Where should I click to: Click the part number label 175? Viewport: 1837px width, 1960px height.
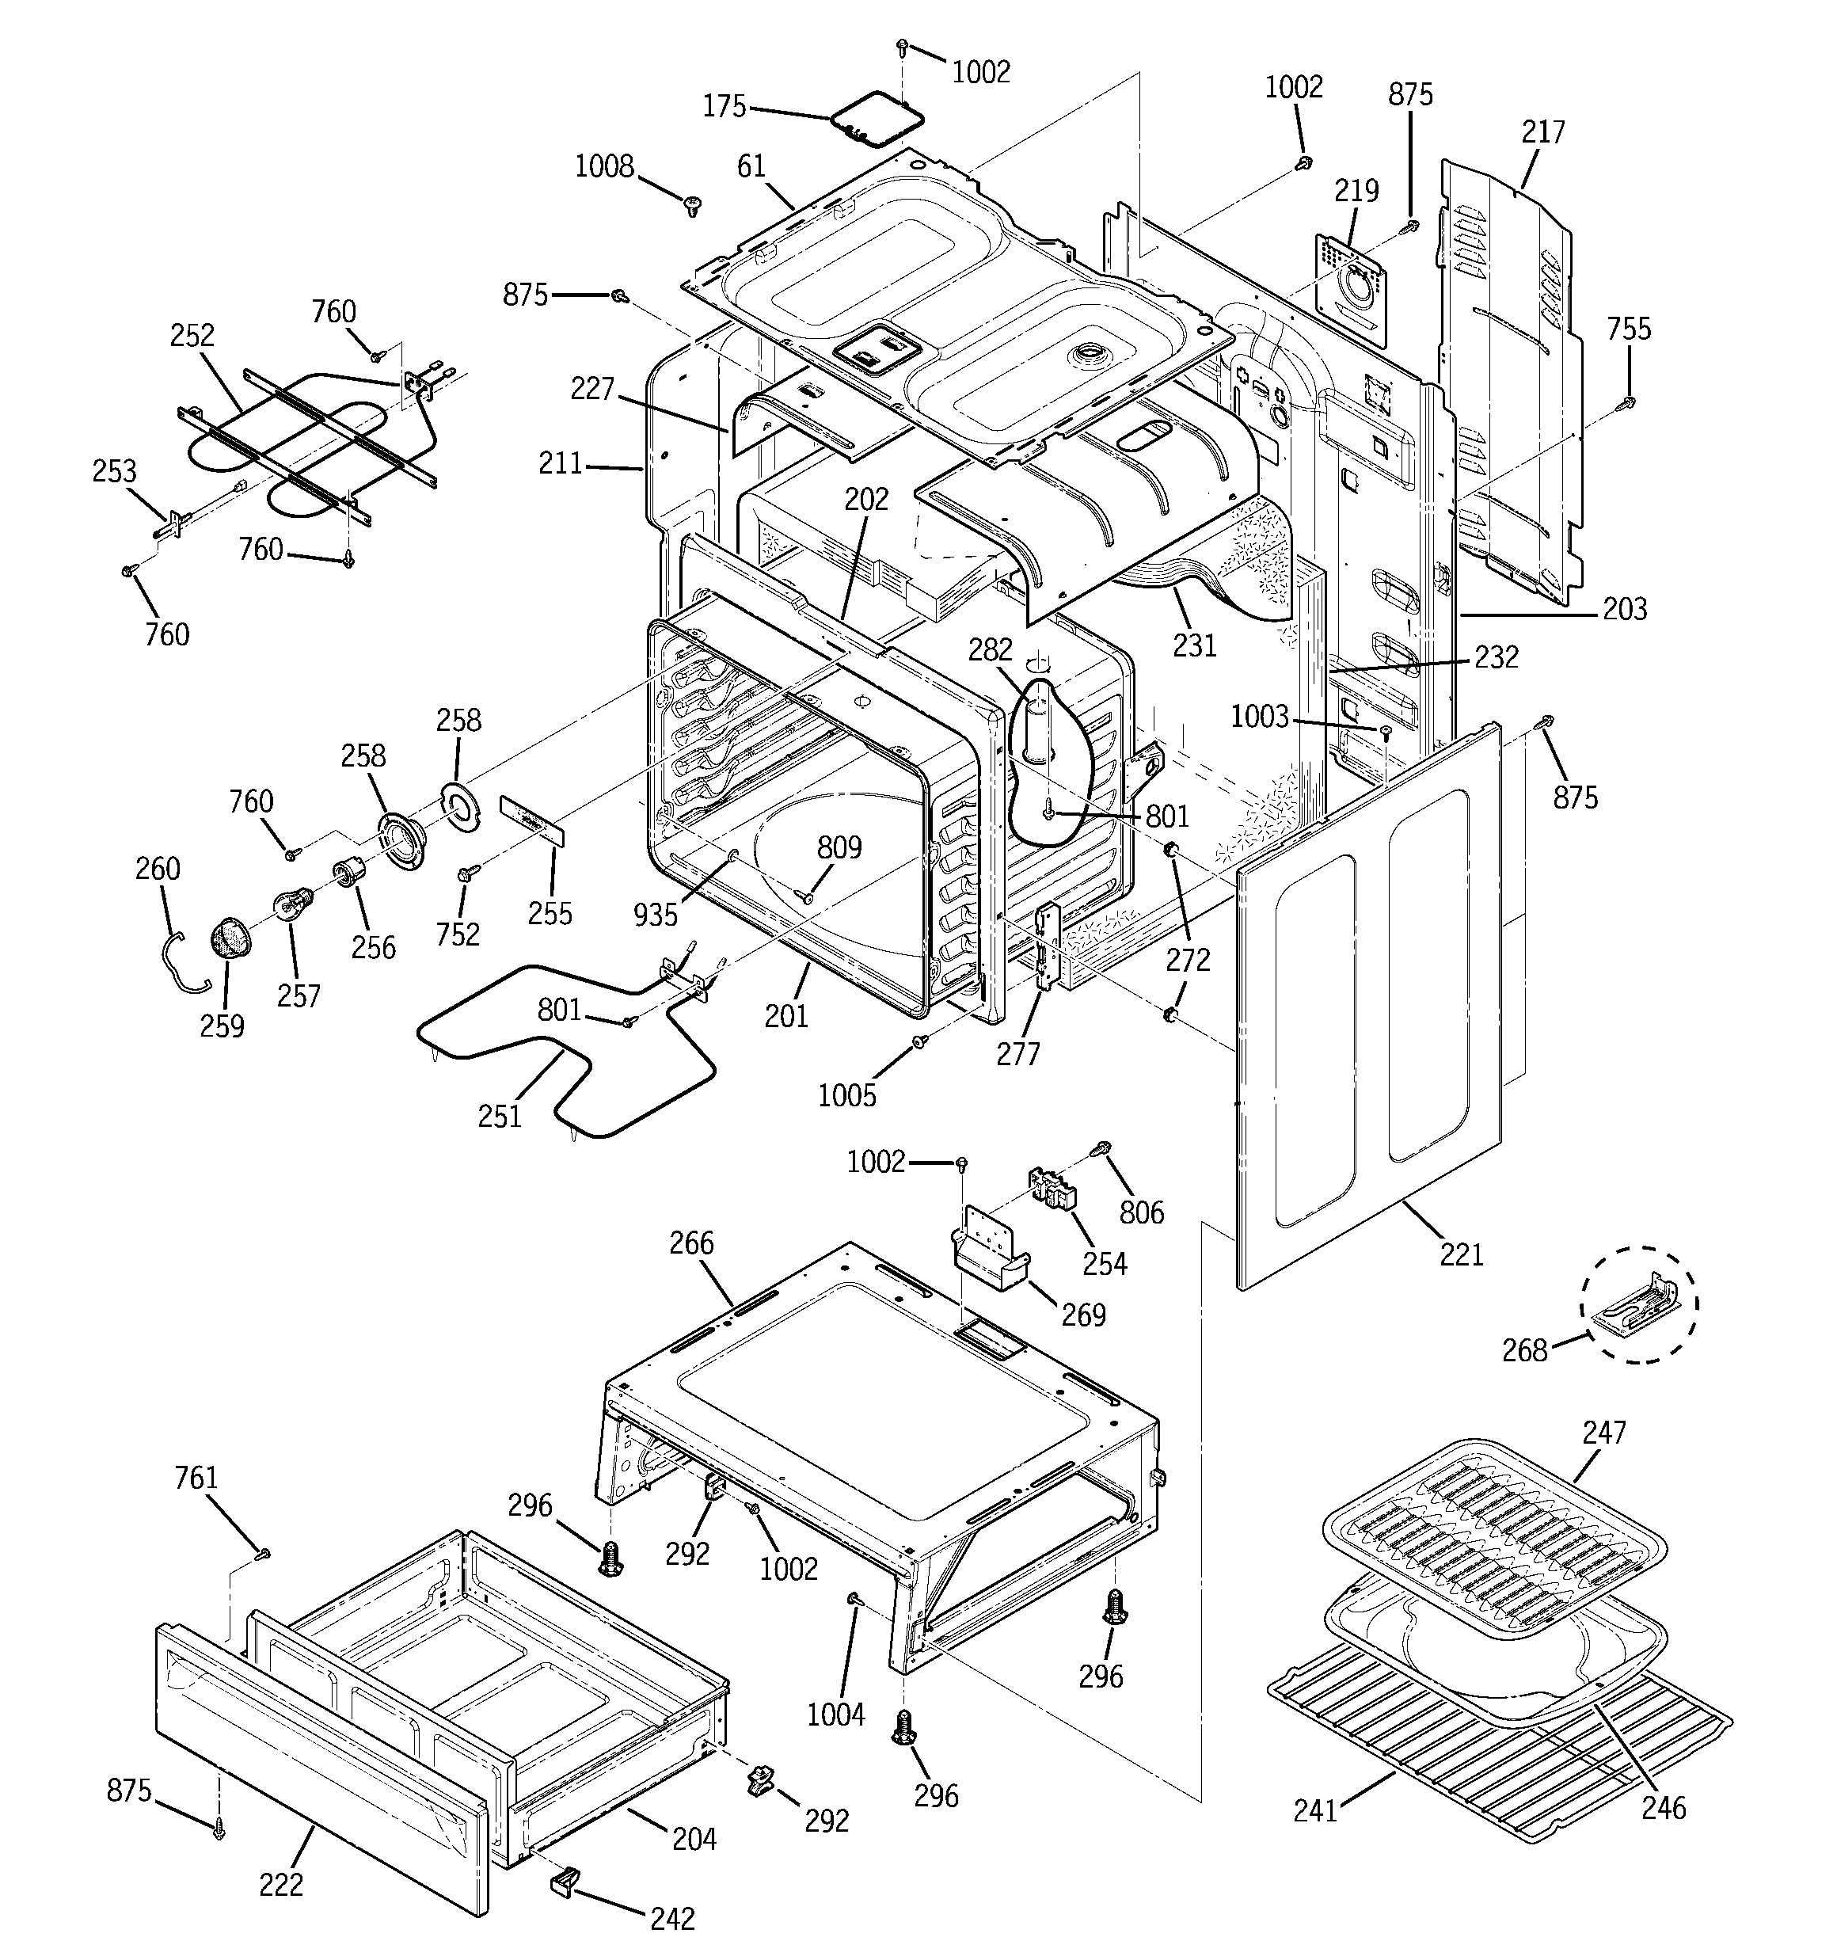point(724,106)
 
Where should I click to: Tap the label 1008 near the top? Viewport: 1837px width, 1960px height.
point(603,166)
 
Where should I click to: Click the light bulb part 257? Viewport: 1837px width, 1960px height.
point(293,903)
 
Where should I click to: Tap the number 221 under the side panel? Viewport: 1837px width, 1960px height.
point(1460,1254)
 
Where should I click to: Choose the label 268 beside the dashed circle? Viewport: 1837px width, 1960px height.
point(1524,1349)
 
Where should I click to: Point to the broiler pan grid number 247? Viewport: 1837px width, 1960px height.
point(1603,1433)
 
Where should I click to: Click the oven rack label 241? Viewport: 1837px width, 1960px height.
point(1315,1810)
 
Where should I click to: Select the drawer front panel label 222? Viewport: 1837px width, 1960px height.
point(281,1884)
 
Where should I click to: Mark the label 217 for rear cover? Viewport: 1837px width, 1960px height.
point(1542,131)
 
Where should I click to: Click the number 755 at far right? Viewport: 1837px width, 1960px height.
point(1628,329)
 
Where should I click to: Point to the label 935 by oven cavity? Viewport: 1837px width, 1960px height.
point(655,915)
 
